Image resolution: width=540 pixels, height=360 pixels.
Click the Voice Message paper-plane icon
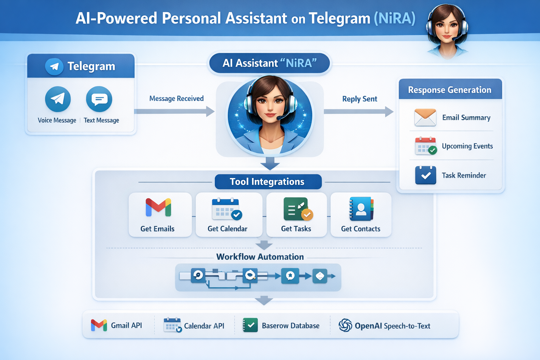[x=58, y=99]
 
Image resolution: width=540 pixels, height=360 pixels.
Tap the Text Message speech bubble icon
[x=99, y=99]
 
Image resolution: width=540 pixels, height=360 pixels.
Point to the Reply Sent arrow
[x=359, y=111]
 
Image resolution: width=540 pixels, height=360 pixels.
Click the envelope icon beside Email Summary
[x=425, y=117]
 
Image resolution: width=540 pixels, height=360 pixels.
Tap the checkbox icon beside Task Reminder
[x=425, y=175]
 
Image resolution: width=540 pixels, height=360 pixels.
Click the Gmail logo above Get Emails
[x=158, y=207]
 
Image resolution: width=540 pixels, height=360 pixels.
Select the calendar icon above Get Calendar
[x=227, y=209]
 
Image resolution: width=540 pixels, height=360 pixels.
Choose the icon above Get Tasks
[x=297, y=209]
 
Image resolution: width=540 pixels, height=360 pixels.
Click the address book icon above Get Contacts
[x=361, y=209]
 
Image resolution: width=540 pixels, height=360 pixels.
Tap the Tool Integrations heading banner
[x=268, y=182]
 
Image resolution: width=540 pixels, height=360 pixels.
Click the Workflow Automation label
[x=260, y=257]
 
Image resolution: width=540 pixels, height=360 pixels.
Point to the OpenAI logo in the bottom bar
[x=345, y=325]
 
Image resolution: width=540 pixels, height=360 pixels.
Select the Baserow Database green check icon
[x=250, y=325]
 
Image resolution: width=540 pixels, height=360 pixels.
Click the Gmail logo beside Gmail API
[x=99, y=325]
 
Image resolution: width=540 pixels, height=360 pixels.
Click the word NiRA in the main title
[x=394, y=18]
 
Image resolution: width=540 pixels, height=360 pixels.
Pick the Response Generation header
[x=450, y=90]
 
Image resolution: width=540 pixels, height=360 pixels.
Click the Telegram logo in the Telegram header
[x=54, y=66]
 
